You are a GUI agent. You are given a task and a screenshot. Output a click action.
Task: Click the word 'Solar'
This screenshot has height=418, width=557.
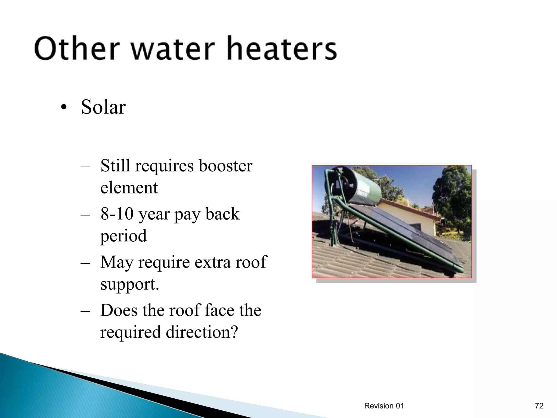pyautogui.click(x=103, y=107)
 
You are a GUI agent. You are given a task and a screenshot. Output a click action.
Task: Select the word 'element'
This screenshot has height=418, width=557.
pyautogui.click(x=129, y=188)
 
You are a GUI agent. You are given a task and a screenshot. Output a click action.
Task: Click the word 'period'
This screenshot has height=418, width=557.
pyautogui.click(x=123, y=236)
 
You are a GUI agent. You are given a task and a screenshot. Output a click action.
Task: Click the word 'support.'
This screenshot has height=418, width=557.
pyautogui.click(x=129, y=284)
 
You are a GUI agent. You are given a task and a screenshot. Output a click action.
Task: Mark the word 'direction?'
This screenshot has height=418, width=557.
pyautogui.click(x=202, y=332)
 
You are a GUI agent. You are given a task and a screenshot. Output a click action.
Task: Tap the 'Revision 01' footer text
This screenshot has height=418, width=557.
pyautogui.click(x=384, y=406)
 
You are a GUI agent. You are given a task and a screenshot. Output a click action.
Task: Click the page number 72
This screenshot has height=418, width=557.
pyautogui.click(x=539, y=406)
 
